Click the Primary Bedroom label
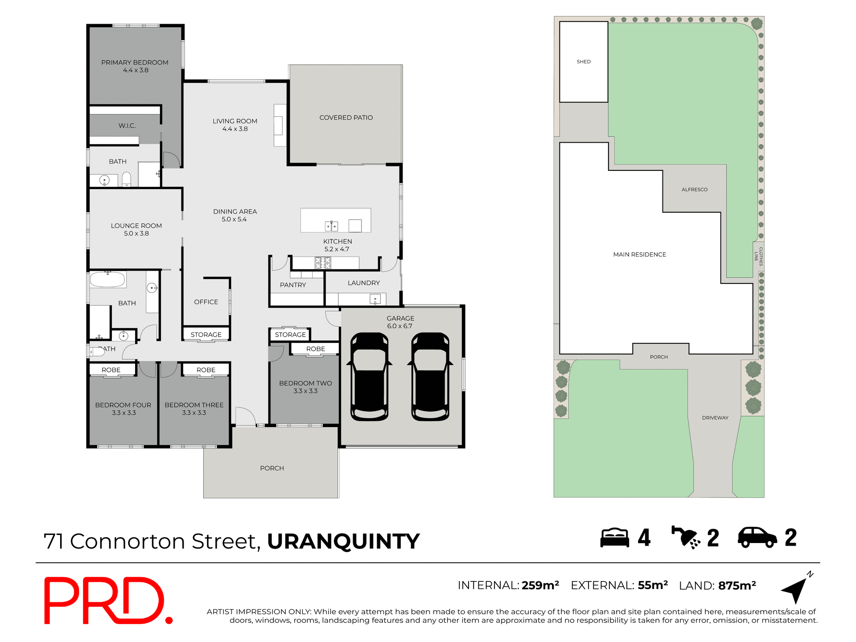tap(135, 62)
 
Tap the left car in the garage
tap(369, 377)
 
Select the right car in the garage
tap(430, 377)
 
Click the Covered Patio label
tap(346, 118)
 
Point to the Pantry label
tap(293, 285)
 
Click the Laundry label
tap(364, 283)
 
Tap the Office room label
tap(206, 302)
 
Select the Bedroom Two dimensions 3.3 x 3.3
tap(305, 391)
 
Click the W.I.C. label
tap(127, 126)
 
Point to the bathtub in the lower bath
tap(107, 280)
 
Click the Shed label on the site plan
tap(584, 62)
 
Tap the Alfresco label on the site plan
tap(694, 189)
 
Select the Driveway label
tap(715, 418)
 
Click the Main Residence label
tap(639, 255)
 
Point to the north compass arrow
tap(796, 589)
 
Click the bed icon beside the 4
tap(614, 538)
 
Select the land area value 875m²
tap(737, 586)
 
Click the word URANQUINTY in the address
tap(343, 542)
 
